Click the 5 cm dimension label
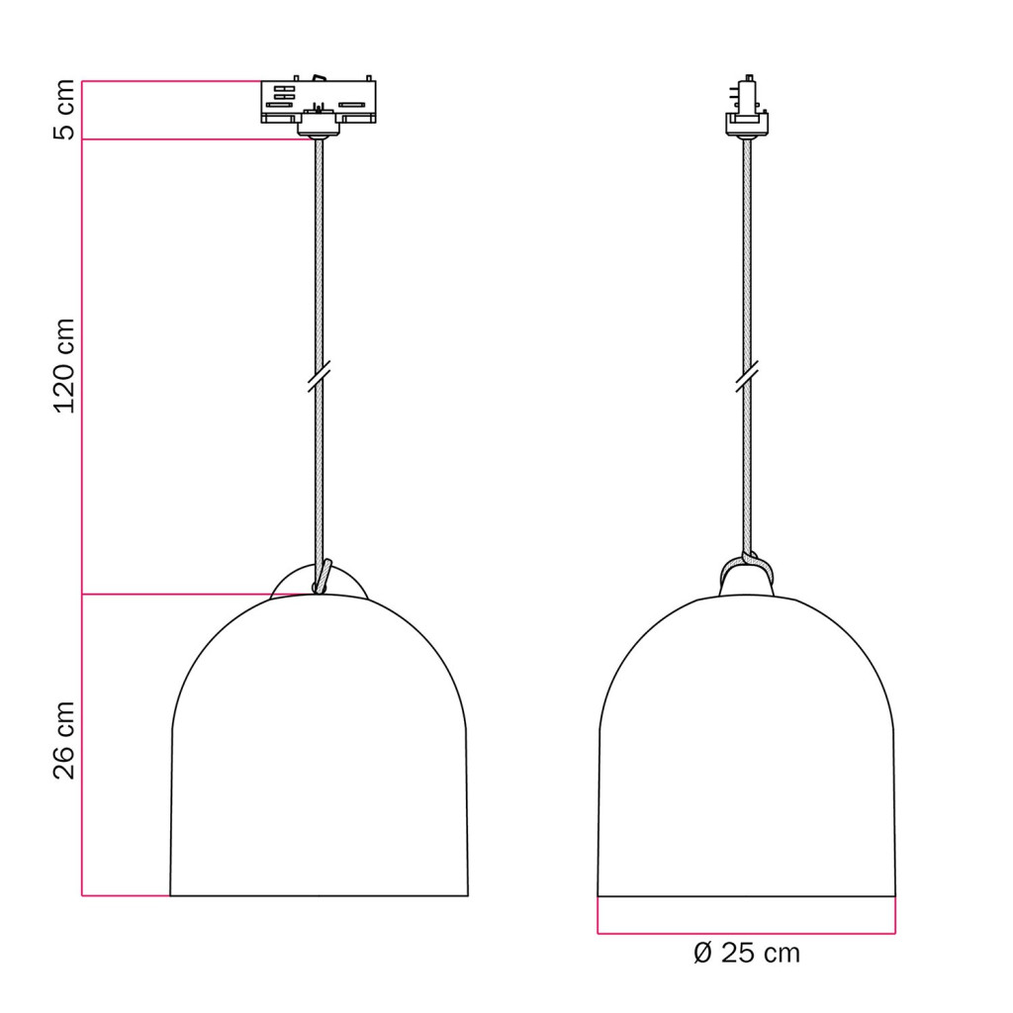coord(64,110)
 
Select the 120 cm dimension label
coord(64,366)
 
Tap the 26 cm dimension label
coord(64,740)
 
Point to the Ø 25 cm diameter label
coord(747,953)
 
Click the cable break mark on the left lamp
coord(320,376)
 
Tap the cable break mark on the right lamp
coord(748,376)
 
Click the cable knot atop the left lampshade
coord(322,577)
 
